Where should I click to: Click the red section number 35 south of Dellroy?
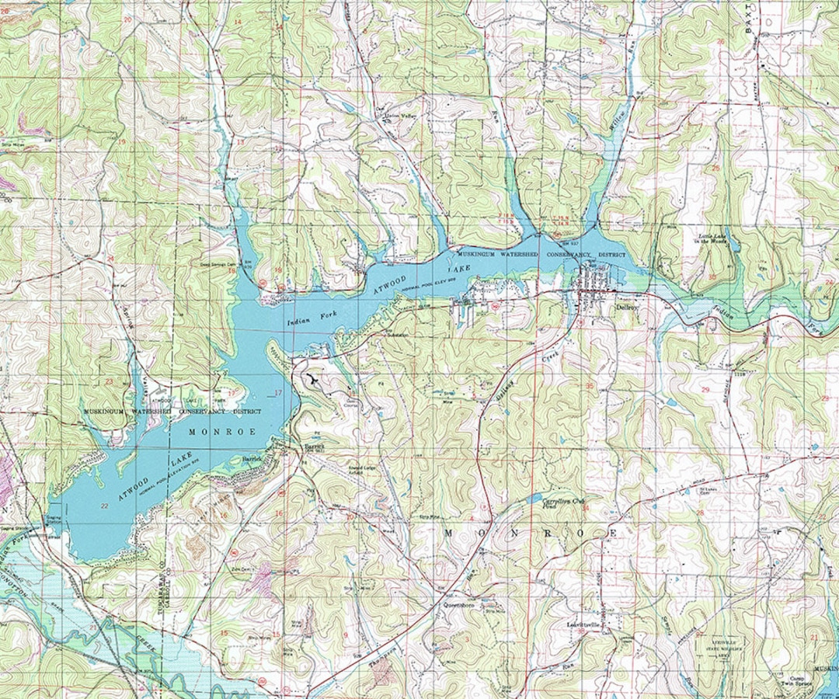(590, 386)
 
